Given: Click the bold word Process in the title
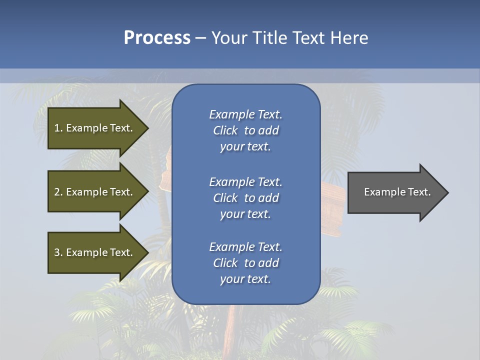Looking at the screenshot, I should coord(157,38).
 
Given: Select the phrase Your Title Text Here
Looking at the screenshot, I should coord(289,38).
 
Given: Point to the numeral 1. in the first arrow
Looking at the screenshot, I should coord(58,128).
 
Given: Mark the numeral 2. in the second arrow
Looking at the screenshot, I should coord(58,192).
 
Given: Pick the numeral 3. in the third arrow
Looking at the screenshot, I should coord(58,252).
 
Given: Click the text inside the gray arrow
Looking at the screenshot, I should coord(397,192).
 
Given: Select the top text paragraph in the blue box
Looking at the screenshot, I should coord(245,130).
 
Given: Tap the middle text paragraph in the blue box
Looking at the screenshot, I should coord(245,198).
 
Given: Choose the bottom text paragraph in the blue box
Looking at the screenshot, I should coord(245,263).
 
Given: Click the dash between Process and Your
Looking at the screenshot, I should coord(201,38).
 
